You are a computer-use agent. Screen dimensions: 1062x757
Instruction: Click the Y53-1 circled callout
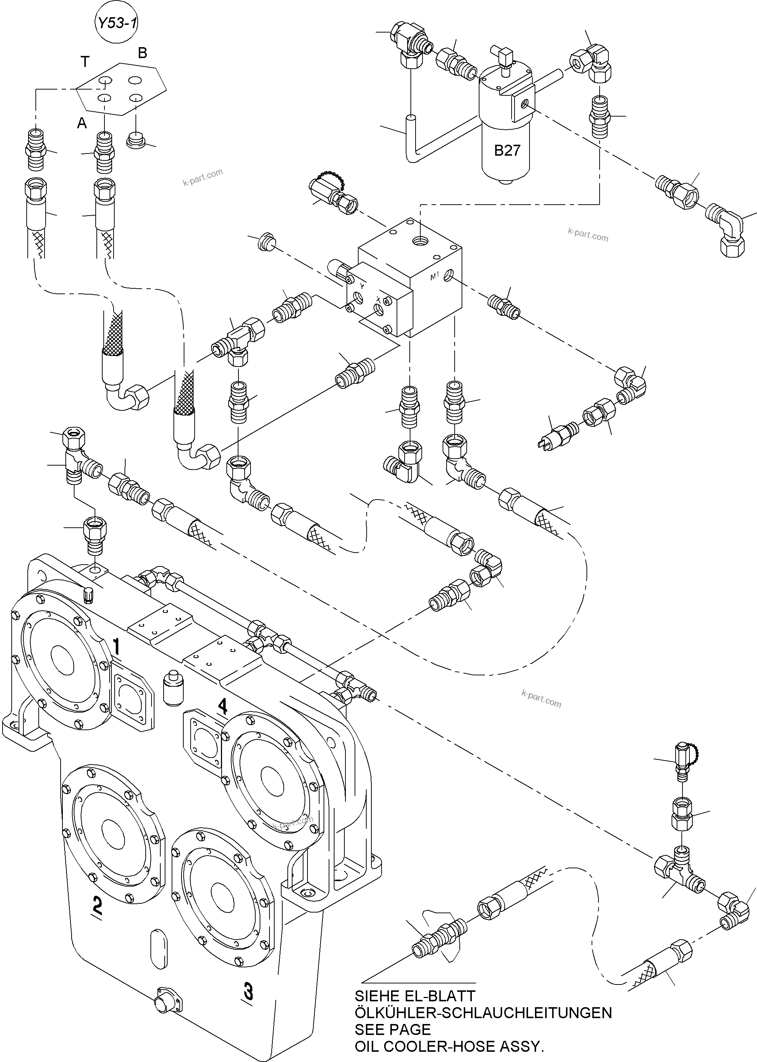[116, 23]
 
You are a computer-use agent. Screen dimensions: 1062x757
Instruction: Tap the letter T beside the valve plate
[85, 61]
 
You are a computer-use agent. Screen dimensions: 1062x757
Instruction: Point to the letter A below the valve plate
[82, 123]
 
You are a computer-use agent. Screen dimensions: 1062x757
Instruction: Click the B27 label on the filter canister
[507, 151]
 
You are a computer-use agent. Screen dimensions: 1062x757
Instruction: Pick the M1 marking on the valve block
[435, 277]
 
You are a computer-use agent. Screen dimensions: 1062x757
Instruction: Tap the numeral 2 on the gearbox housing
[97, 905]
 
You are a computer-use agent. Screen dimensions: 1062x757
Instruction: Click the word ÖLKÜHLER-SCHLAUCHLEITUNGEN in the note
[483, 1013]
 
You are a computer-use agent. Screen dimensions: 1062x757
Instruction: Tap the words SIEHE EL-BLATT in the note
[414, 996]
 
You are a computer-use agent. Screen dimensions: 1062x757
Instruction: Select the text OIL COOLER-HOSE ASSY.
[449, 1046]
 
